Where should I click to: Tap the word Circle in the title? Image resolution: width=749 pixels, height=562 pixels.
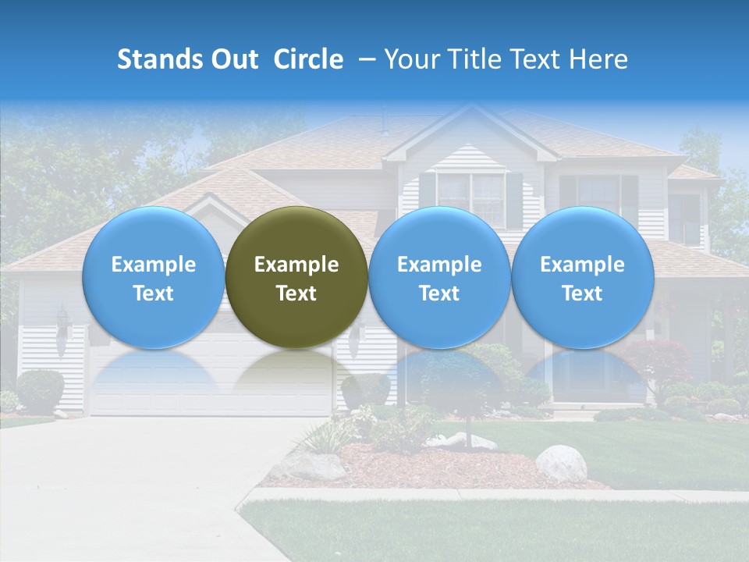(x=308, y=59)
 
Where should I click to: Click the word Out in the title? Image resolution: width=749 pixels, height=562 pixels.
(x=235, y=59)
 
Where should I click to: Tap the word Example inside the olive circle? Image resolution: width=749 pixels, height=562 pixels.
(x=296, y=265)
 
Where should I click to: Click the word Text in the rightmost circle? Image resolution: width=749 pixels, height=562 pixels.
(x=582, y=293)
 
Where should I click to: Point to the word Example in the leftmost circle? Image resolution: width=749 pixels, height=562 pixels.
(x=154, y=265)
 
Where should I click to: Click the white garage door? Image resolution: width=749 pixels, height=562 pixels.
(x=211, y=382)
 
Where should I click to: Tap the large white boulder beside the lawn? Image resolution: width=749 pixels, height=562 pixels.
(x=561, y=464)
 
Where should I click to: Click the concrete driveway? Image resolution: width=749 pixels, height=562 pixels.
(x=140, y=484)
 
